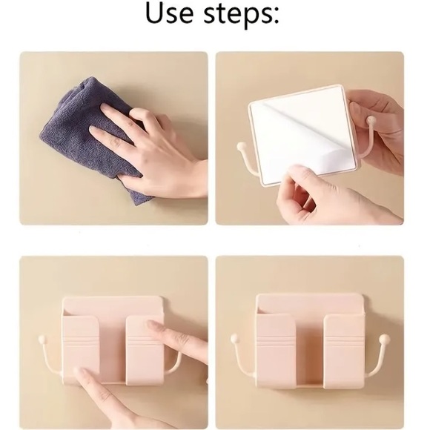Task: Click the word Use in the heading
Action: click(169, 13)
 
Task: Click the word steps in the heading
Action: click(234, 15)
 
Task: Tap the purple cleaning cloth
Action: click(90, 137)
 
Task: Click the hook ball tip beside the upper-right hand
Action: click(371, 120)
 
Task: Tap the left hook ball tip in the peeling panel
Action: click(241, 146)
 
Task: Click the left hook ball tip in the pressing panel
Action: click(42, 340)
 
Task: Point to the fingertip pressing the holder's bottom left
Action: click(80, 373)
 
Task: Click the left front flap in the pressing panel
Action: click(81, 350)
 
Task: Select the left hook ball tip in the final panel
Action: click(234, 338)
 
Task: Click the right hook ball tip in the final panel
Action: click(384, 339)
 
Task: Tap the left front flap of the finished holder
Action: click(276, 351)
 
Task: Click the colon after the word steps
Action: click(275, 17)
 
